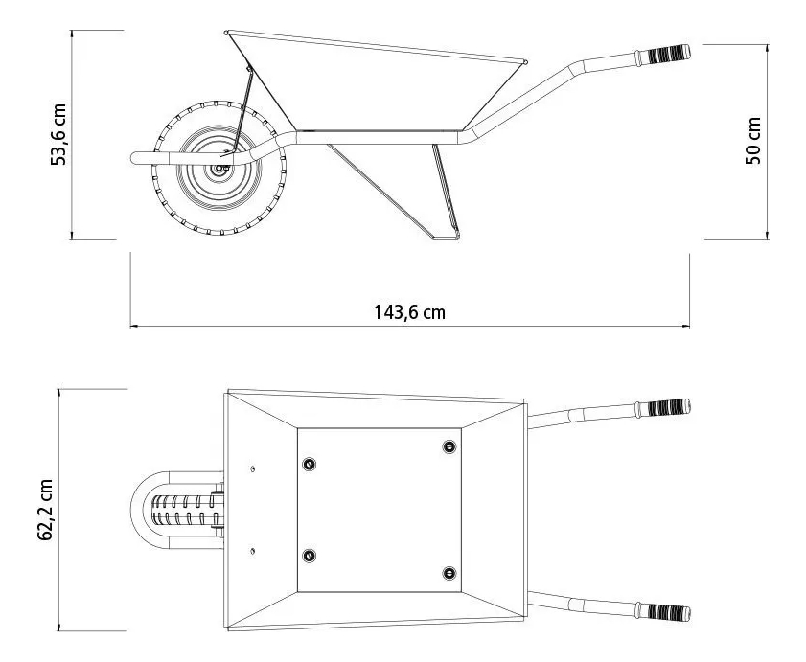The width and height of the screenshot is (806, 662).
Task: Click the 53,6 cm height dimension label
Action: (58, 135)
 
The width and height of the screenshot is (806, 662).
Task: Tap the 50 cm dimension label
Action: (753, 141)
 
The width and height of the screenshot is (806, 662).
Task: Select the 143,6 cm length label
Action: (409, 312)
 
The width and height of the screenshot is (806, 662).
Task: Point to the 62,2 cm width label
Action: (45, 510)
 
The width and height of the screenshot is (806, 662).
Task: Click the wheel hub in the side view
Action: (220, 168)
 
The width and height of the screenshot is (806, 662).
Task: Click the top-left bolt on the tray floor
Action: (309, 464)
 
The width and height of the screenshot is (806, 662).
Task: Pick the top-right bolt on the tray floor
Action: (449, 446)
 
